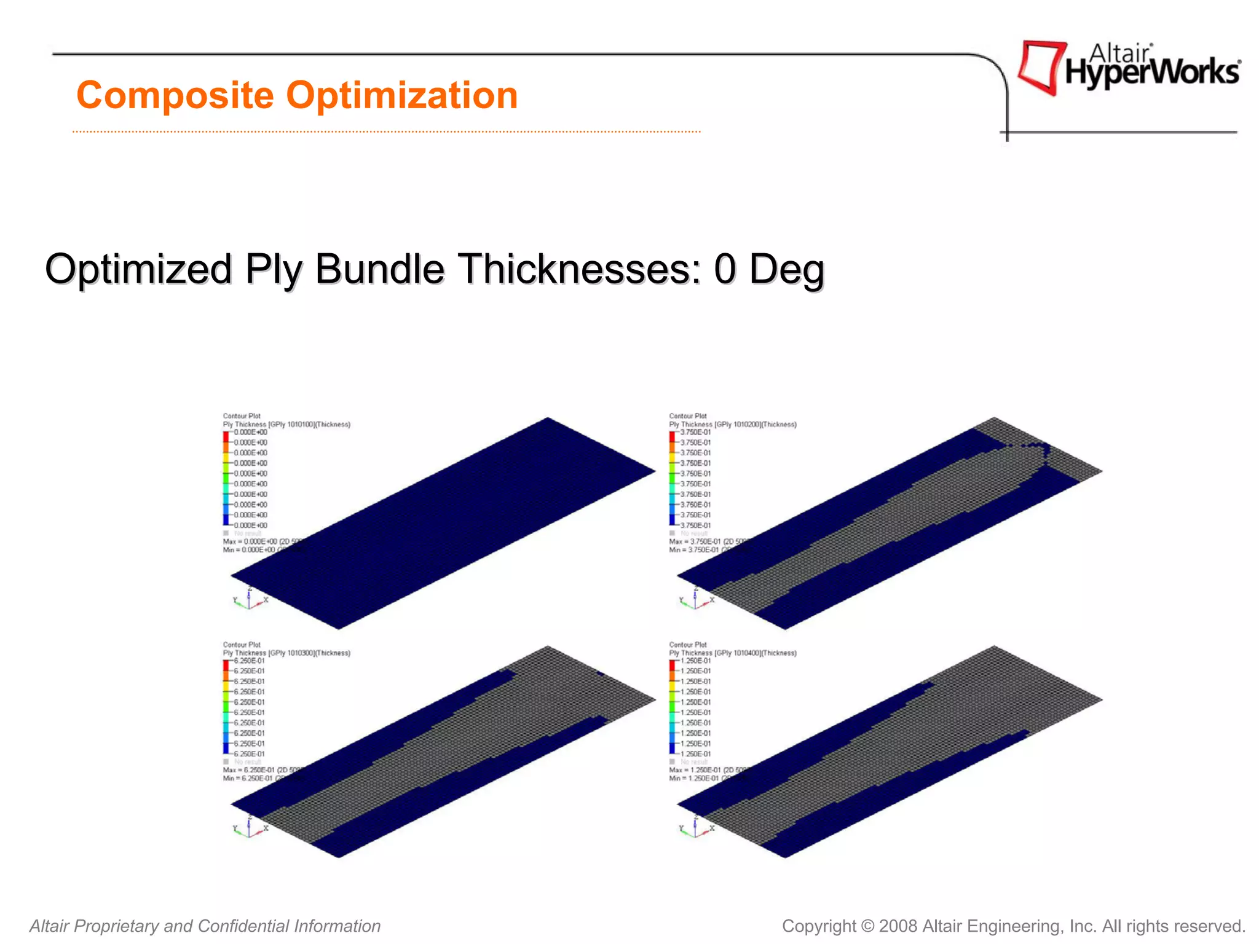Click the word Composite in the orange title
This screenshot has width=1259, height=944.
coord(175,95)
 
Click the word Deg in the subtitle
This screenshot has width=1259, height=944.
coord(786,270)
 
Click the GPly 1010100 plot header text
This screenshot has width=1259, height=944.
coord(286,424)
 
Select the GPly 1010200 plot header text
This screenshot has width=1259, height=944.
coord(732,424)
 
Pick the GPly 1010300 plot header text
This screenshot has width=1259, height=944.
coord(286,653)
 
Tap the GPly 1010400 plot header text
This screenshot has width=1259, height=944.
coord(732,653)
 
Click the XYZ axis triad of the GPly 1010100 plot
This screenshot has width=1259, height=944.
coord(250,599)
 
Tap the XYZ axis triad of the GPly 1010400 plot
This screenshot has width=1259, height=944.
coord(695,827)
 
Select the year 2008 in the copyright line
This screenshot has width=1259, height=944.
coord(898,926)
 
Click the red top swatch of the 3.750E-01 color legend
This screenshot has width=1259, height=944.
coord(672,436)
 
